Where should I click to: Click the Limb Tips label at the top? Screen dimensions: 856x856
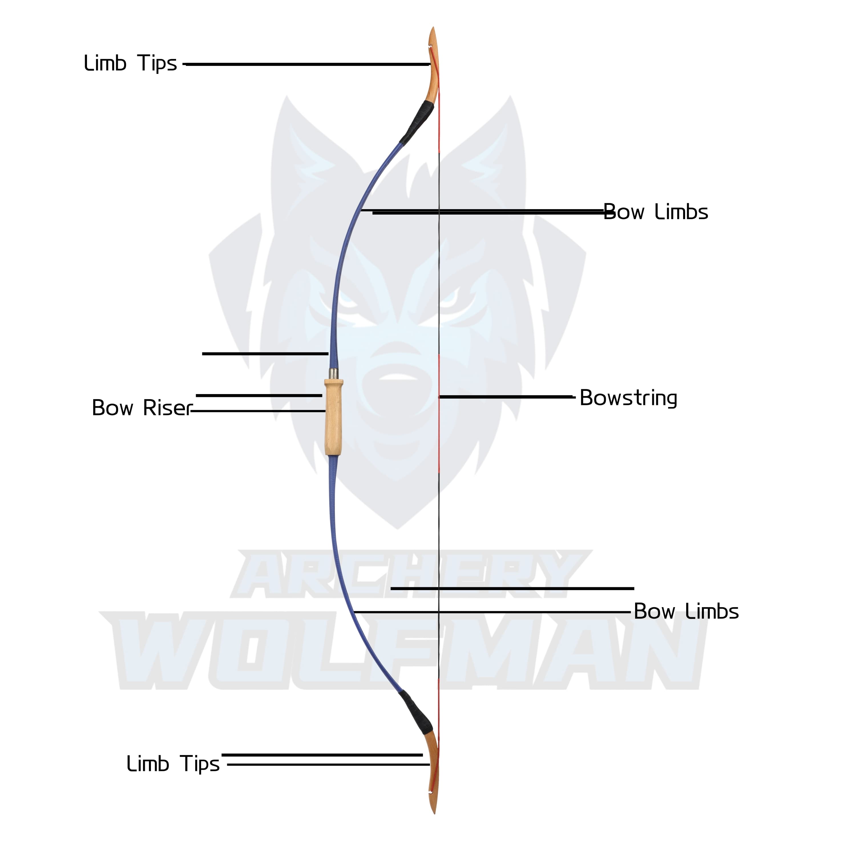(130, 63)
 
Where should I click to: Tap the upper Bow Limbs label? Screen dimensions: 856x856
(656, 212)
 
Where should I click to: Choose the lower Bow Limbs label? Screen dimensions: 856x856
(686, 611)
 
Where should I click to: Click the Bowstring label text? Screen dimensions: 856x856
(628, 398)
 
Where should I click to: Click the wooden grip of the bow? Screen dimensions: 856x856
(334, 417)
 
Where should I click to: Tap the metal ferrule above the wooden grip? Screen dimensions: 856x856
(333, 374)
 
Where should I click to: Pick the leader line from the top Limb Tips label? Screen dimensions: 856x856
(306, 64)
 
